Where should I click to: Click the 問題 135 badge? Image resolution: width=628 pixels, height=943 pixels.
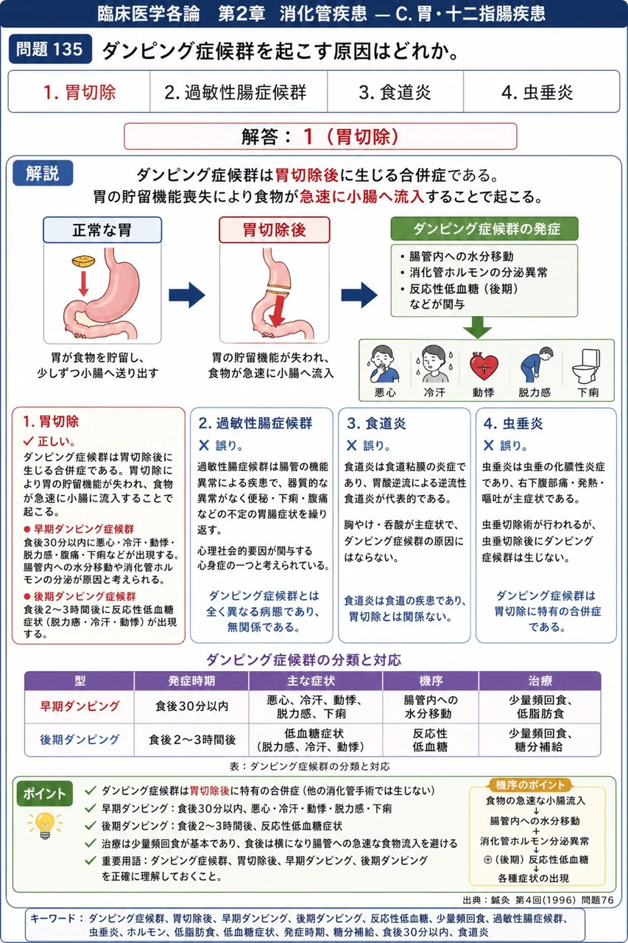[50, 49]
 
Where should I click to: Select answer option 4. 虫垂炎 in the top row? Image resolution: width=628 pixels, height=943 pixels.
[537, 92]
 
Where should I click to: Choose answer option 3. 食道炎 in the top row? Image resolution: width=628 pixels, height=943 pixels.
[395, 92]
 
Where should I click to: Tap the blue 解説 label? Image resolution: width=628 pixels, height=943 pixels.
[43, 173]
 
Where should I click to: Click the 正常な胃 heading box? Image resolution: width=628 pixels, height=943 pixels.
[102, 230]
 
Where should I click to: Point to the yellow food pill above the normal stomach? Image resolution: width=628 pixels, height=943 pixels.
[83, 261]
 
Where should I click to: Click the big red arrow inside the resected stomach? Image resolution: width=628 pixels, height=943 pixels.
[276, 311]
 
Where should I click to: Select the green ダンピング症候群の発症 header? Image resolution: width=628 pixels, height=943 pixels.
[484, 228]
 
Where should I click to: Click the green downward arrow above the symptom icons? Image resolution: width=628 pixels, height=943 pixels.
[478, 328]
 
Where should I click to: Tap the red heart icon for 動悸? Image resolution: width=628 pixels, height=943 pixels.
[484, 366]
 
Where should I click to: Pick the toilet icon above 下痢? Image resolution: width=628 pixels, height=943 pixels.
[588, 366]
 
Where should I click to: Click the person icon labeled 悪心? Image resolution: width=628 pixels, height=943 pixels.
[384, 364]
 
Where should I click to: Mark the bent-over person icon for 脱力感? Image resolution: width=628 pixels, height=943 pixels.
[534, 365]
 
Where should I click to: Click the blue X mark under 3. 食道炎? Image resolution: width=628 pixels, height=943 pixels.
[352, 446]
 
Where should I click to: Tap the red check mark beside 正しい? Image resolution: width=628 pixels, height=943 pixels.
[29, 441]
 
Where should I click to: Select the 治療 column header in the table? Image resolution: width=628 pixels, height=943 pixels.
[540, 681]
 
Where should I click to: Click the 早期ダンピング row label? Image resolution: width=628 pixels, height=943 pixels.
[80, 706]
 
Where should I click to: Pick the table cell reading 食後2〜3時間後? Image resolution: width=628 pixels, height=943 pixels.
[192, 740]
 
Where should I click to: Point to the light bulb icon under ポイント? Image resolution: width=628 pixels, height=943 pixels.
[46, 825]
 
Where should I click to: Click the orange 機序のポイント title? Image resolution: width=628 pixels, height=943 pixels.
[529, 785]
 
